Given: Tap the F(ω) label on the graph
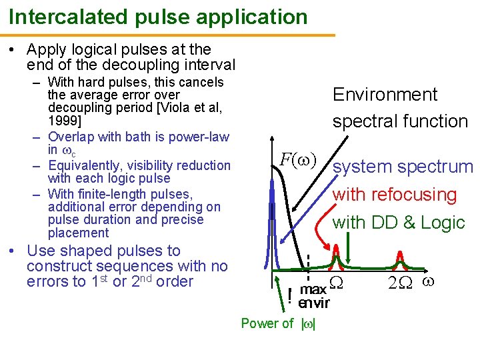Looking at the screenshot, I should point(298,160).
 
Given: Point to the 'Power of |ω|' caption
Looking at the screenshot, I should point(279,323).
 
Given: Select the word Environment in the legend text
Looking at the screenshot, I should point(385,95).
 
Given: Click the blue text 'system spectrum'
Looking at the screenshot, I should point(403,167).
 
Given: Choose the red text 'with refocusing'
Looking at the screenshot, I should point(395,195).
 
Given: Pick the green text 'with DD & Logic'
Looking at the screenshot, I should point(399,223).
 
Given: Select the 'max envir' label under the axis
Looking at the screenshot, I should point(314,297).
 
